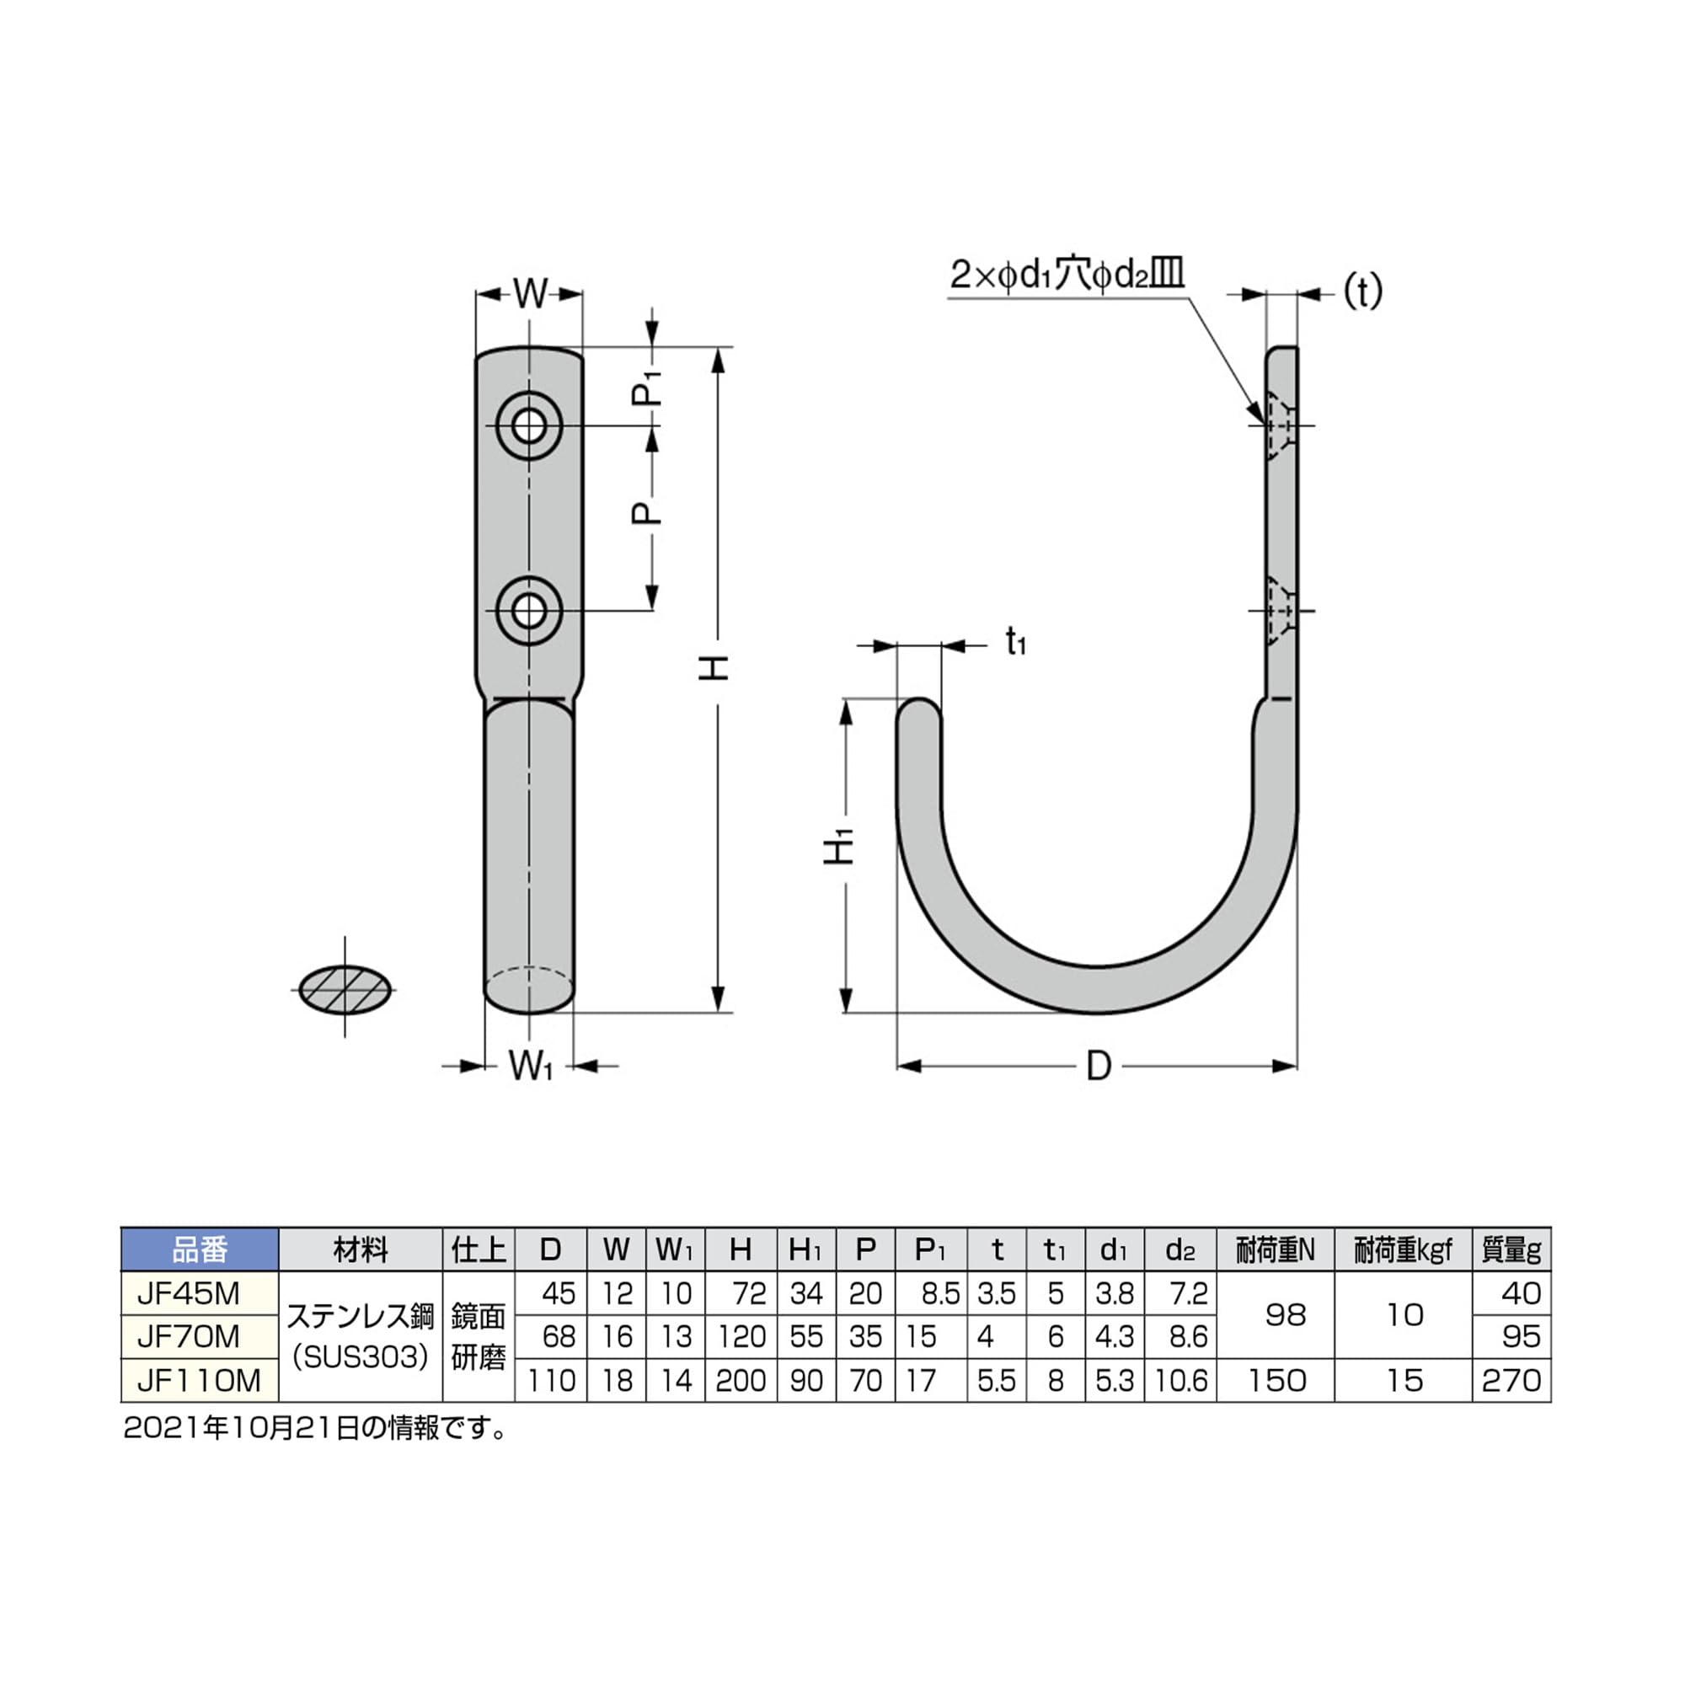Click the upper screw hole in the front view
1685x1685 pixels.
[529, 426]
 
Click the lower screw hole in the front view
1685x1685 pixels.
[529, 611]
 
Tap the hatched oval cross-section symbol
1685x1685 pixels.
[345, 990]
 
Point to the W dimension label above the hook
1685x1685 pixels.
[529, 294]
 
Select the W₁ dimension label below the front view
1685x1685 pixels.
[531, 1066]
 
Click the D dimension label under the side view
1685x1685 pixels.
[1099, 1066]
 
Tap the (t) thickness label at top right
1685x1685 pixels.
[1362, 292]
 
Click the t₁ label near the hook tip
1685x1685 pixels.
[1016, 643]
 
